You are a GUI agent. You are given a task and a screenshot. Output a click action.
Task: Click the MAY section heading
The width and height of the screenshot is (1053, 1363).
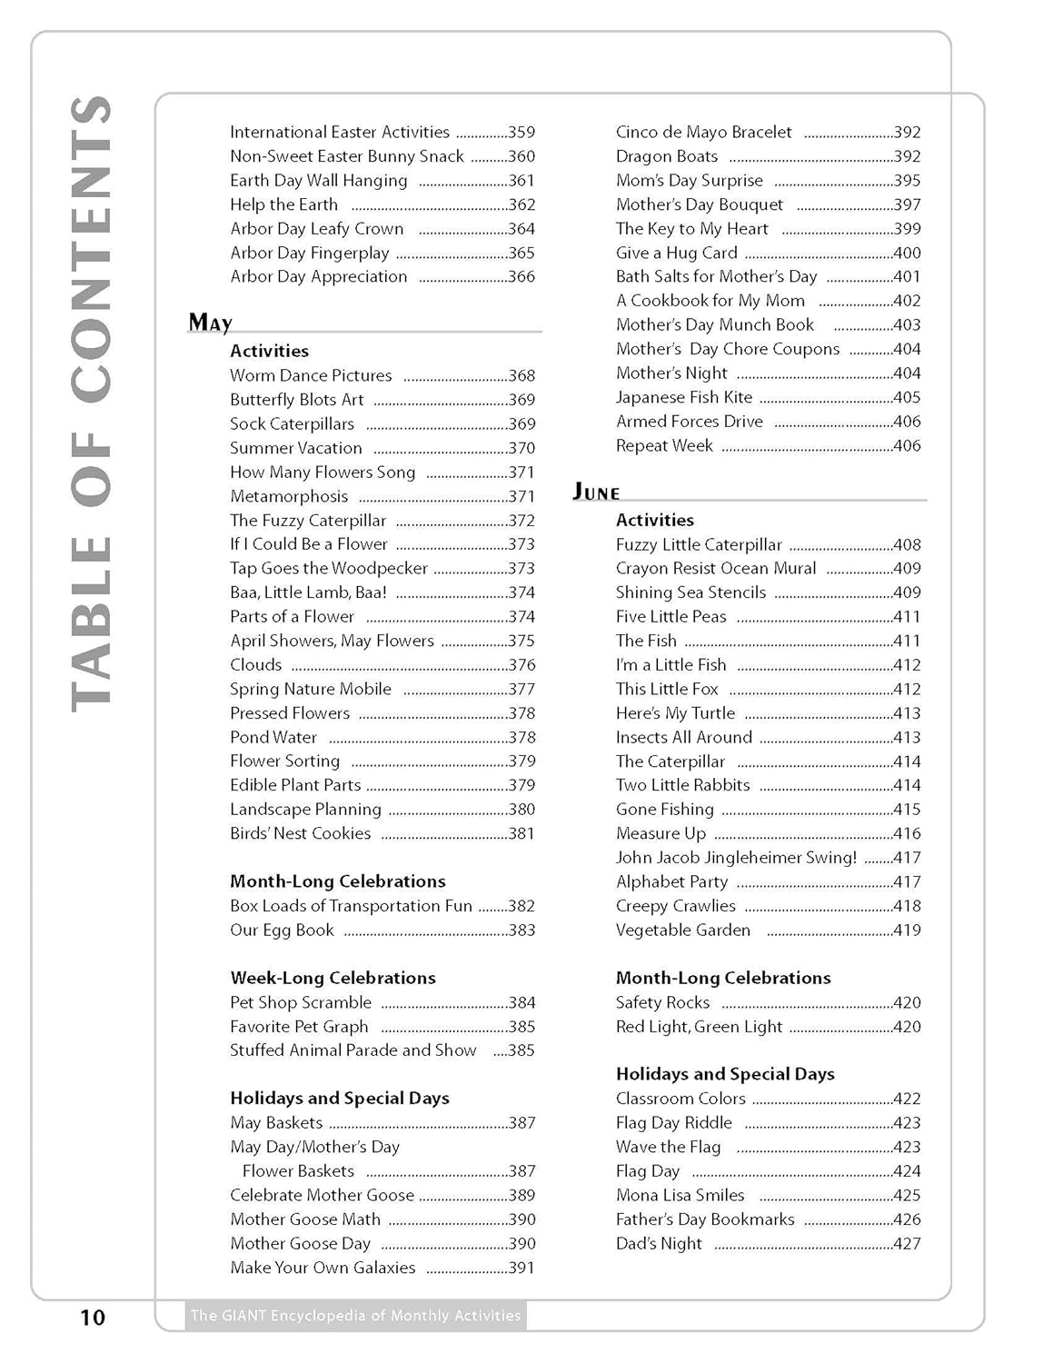click(210, 323)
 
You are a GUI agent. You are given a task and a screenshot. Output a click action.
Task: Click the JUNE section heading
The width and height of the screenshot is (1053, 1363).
click(596, 492)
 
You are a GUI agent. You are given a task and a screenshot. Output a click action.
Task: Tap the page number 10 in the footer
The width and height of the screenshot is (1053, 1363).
click(93, 1317)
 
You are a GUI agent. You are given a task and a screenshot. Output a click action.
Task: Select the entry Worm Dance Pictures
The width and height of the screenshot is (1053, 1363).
click(311, 375)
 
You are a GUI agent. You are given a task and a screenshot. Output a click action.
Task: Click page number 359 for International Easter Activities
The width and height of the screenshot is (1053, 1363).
click(522, 133)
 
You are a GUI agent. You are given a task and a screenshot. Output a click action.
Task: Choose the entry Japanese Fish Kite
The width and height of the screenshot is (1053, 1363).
click(683, 397)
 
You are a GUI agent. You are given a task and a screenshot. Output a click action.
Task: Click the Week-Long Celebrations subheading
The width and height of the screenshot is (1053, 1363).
click(333, 978)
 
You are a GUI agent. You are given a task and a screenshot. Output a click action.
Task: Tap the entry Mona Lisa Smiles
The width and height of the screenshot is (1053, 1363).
click(680, 1195)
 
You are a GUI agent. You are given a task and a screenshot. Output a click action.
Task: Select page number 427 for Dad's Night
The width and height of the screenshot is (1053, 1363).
click(907, 1244)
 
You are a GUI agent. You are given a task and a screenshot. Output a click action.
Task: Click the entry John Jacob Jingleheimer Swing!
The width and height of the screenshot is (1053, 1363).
click(736, 857)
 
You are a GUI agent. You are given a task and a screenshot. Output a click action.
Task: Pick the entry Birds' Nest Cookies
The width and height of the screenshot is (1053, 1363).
click(300, 833)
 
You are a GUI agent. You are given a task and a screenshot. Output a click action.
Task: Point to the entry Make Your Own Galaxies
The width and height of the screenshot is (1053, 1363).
click(323, 1268)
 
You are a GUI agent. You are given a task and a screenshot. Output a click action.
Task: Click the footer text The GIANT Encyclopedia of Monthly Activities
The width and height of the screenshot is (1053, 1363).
click(355, 1315)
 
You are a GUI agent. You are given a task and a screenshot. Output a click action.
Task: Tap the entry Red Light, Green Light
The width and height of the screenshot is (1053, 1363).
click(698, 1027)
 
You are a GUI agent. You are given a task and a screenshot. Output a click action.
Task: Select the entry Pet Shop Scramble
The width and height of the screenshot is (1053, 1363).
click(301, 1002)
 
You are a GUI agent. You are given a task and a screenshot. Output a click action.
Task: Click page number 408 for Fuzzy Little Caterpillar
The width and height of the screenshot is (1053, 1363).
click(907, 545)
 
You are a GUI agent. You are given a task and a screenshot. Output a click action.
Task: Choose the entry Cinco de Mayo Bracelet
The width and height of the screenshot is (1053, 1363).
click(703, 133)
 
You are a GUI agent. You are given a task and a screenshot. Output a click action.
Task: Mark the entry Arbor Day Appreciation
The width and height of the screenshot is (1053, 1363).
click(318, 276)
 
